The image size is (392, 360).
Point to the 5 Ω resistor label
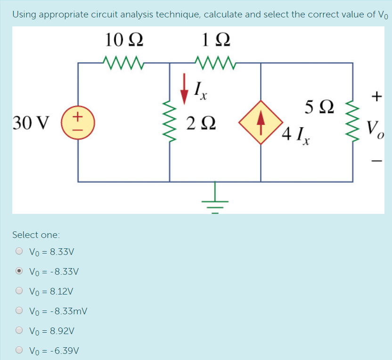coord(320,107)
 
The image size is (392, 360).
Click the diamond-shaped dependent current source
coord(261,122)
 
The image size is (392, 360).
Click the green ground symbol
coord(216,198)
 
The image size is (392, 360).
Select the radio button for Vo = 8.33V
coord(19,252)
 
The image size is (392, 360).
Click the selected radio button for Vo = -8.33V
coord(19,271)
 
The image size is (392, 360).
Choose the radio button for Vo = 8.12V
coord(19,291)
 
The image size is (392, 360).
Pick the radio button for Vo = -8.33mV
coord(19,311)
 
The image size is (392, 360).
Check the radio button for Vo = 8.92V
coord(19,331)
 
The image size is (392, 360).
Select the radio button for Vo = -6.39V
coord(19,351)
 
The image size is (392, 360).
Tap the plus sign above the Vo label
coord(376,97)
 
